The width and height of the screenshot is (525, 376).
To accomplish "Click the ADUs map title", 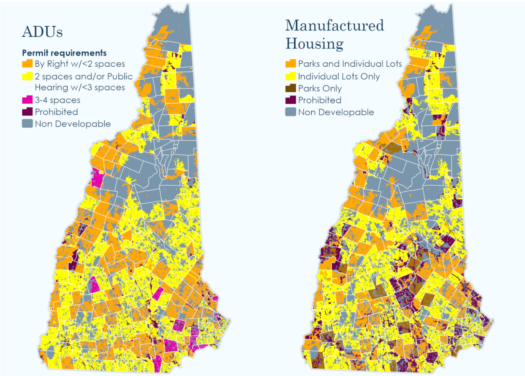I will (42, 32).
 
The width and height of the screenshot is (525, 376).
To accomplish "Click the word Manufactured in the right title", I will (335, 26).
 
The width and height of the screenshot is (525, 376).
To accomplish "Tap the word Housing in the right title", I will (314, 44).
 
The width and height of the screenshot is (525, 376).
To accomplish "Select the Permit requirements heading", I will (64, 53).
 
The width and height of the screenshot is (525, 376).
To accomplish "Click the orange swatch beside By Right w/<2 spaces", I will (27, 64).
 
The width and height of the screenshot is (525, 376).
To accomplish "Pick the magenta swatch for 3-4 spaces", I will (27, 100).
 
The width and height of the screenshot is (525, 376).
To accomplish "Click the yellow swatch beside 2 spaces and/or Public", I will (27, 76).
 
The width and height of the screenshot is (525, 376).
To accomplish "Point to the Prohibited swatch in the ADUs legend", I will (27, 112).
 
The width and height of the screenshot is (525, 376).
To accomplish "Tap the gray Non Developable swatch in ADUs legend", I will (27, 124).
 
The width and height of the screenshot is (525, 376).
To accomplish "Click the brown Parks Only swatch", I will (291, 88).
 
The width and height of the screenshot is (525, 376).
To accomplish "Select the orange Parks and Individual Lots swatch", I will (291, 64).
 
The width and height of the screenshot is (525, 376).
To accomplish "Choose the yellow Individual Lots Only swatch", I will (291, 76).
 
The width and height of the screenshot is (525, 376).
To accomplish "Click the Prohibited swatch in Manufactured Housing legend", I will (291, 100).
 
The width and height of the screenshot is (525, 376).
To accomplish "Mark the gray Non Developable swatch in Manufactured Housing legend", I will (291, 112).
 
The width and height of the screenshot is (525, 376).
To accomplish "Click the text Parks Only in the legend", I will (320, 88).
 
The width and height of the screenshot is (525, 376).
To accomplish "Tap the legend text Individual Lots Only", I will (339, 76).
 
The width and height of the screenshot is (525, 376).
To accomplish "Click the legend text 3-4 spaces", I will (57, 100).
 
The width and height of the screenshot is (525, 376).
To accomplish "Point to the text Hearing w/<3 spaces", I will (80, 88).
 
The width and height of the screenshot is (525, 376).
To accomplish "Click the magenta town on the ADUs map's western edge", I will (97, 178).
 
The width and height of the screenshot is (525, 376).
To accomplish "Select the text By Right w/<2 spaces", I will (80, 64).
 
